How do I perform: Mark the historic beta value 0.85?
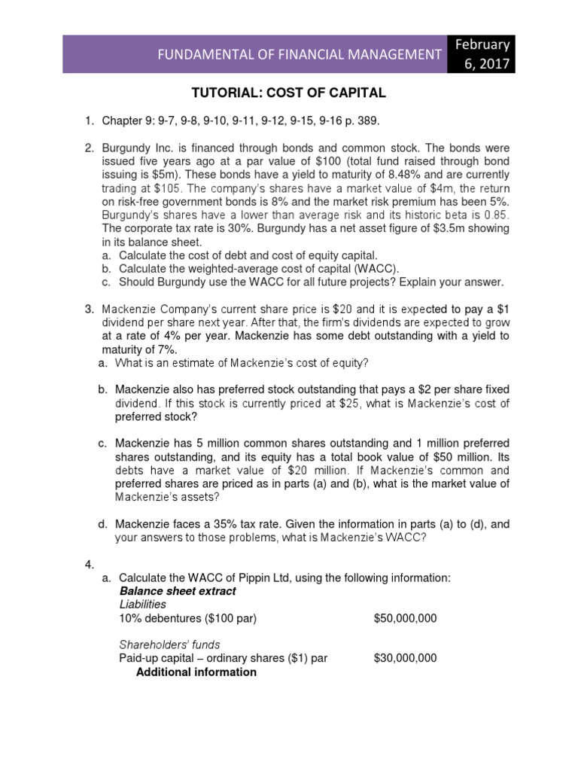tap(495, 215)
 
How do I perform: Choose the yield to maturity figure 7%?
tap(166, 349)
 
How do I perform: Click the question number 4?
tap(89, 564)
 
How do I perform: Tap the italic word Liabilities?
tap(142, 605)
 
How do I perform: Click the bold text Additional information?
tap(196, 672)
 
